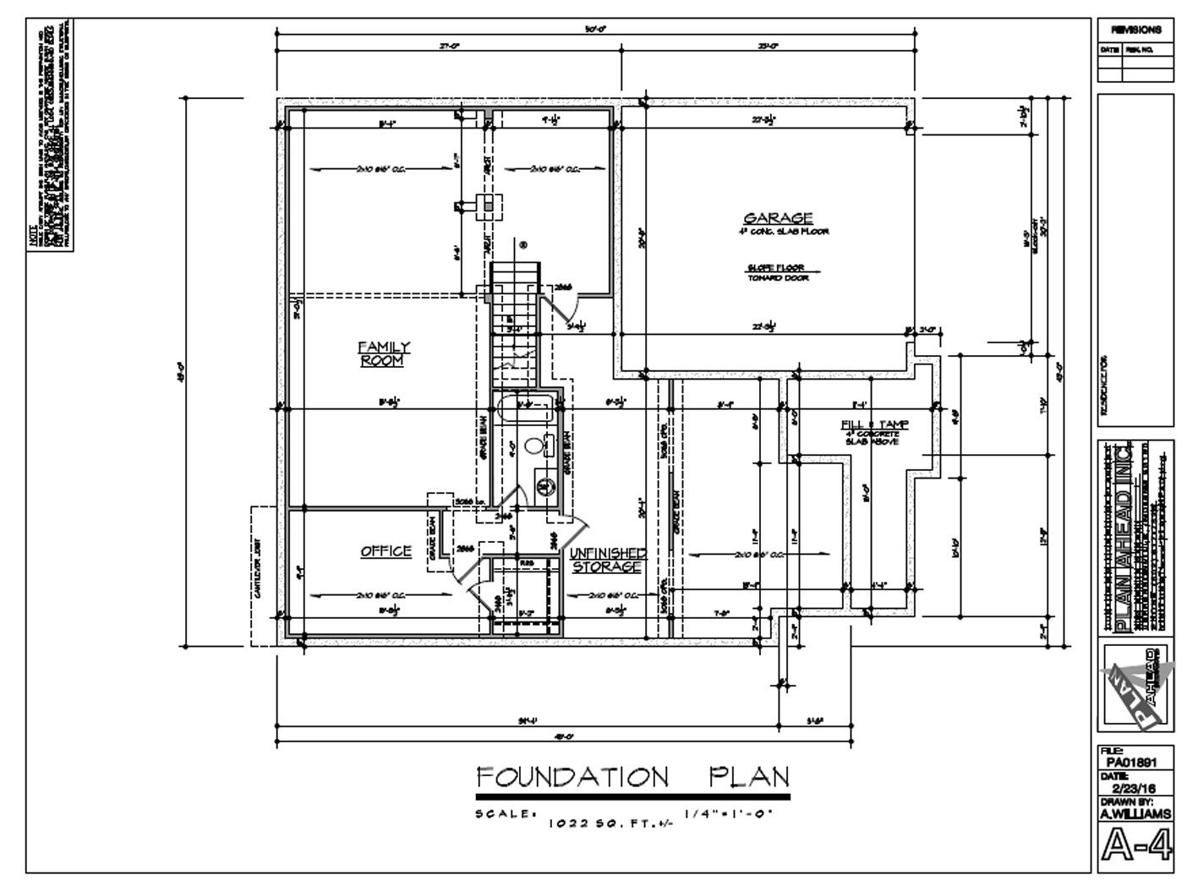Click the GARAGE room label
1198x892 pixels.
[x=778, y=218]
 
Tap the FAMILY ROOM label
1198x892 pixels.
[x=383, y=353]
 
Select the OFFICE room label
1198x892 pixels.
[x=386, y=551]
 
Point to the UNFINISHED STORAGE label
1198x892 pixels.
[x=607, y=560]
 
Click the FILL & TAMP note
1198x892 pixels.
[x=862, y=424]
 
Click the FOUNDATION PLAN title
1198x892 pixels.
[x=632, y=776]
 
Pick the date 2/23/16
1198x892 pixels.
[x=1135, y=787]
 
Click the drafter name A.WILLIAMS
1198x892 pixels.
[x=1135, y=813]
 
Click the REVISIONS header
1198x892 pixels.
[x=1135, y=30]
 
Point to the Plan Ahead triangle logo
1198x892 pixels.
[x=1135, y=685]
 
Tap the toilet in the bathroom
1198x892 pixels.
[x=533, y=445]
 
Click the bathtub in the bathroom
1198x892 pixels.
[x=525, y=409]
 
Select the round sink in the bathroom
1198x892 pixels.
[x=544, y=486]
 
